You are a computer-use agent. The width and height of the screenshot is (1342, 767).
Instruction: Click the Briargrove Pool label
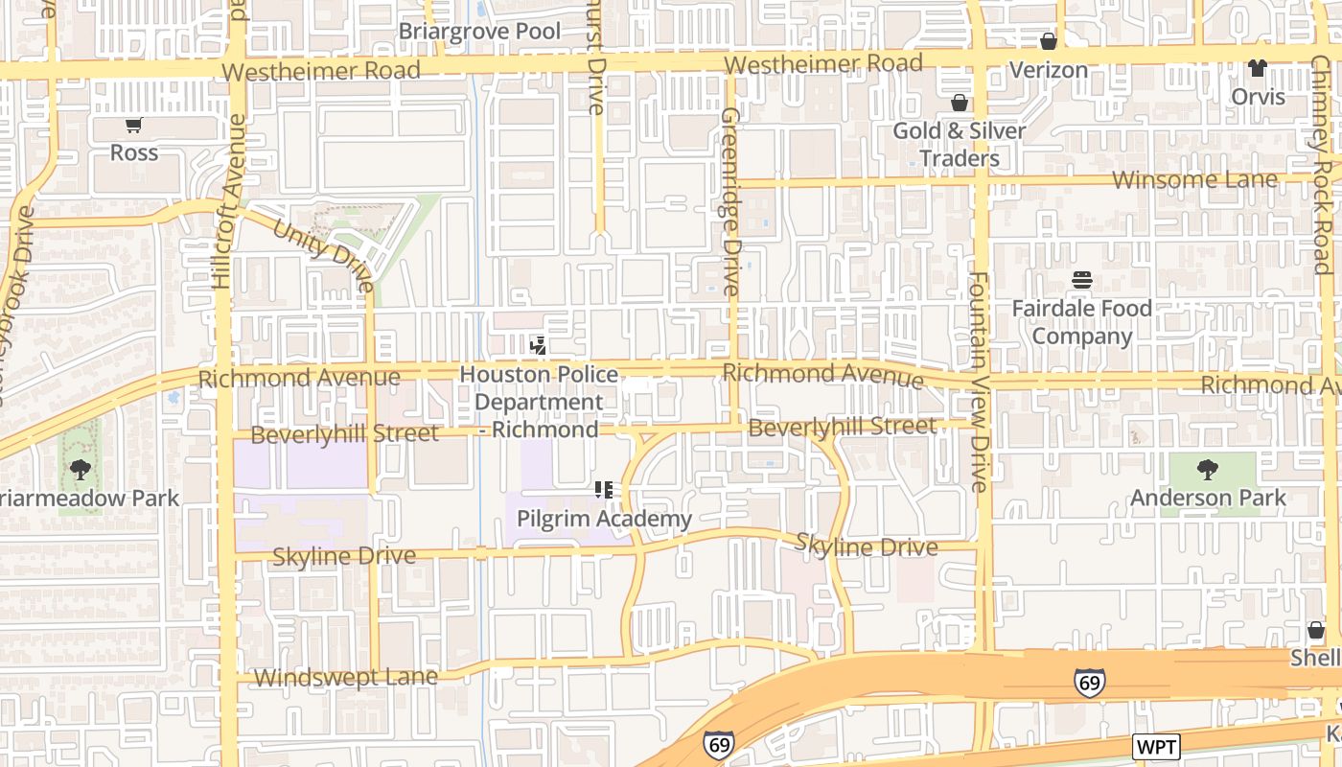point(479,31)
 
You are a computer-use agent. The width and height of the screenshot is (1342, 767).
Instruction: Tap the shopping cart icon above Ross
point(133,125)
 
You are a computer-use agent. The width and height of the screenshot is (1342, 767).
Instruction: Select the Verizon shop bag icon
point(1049,41)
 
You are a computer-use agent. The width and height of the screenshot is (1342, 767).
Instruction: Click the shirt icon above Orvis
point(1257,68)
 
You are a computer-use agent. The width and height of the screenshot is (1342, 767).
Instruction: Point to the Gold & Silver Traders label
point(960,144)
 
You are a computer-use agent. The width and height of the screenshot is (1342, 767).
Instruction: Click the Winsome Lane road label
point(1194,179)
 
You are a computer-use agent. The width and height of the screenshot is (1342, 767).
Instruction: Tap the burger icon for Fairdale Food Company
point(1082,280)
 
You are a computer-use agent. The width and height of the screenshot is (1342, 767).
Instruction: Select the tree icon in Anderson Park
point(1208,470)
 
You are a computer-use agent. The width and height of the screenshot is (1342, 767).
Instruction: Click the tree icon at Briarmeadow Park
point(81,470)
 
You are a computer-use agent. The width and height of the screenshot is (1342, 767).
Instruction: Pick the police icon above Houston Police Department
point(539,345)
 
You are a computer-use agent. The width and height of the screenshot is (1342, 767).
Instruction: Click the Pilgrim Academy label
point(604,519)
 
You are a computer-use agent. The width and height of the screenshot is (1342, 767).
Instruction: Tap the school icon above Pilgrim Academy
point(604,490)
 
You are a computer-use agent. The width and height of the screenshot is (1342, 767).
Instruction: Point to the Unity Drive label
point(323,255)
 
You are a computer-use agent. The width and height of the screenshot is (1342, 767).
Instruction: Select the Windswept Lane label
point(345,677)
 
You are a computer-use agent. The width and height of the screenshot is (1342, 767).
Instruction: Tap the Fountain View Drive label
point(978,382)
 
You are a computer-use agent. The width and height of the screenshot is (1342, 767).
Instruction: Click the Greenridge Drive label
point(730,201)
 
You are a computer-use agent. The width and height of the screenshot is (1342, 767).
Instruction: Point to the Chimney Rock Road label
point(1323,163)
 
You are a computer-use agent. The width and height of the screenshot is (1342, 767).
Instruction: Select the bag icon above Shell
point(1316,630)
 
